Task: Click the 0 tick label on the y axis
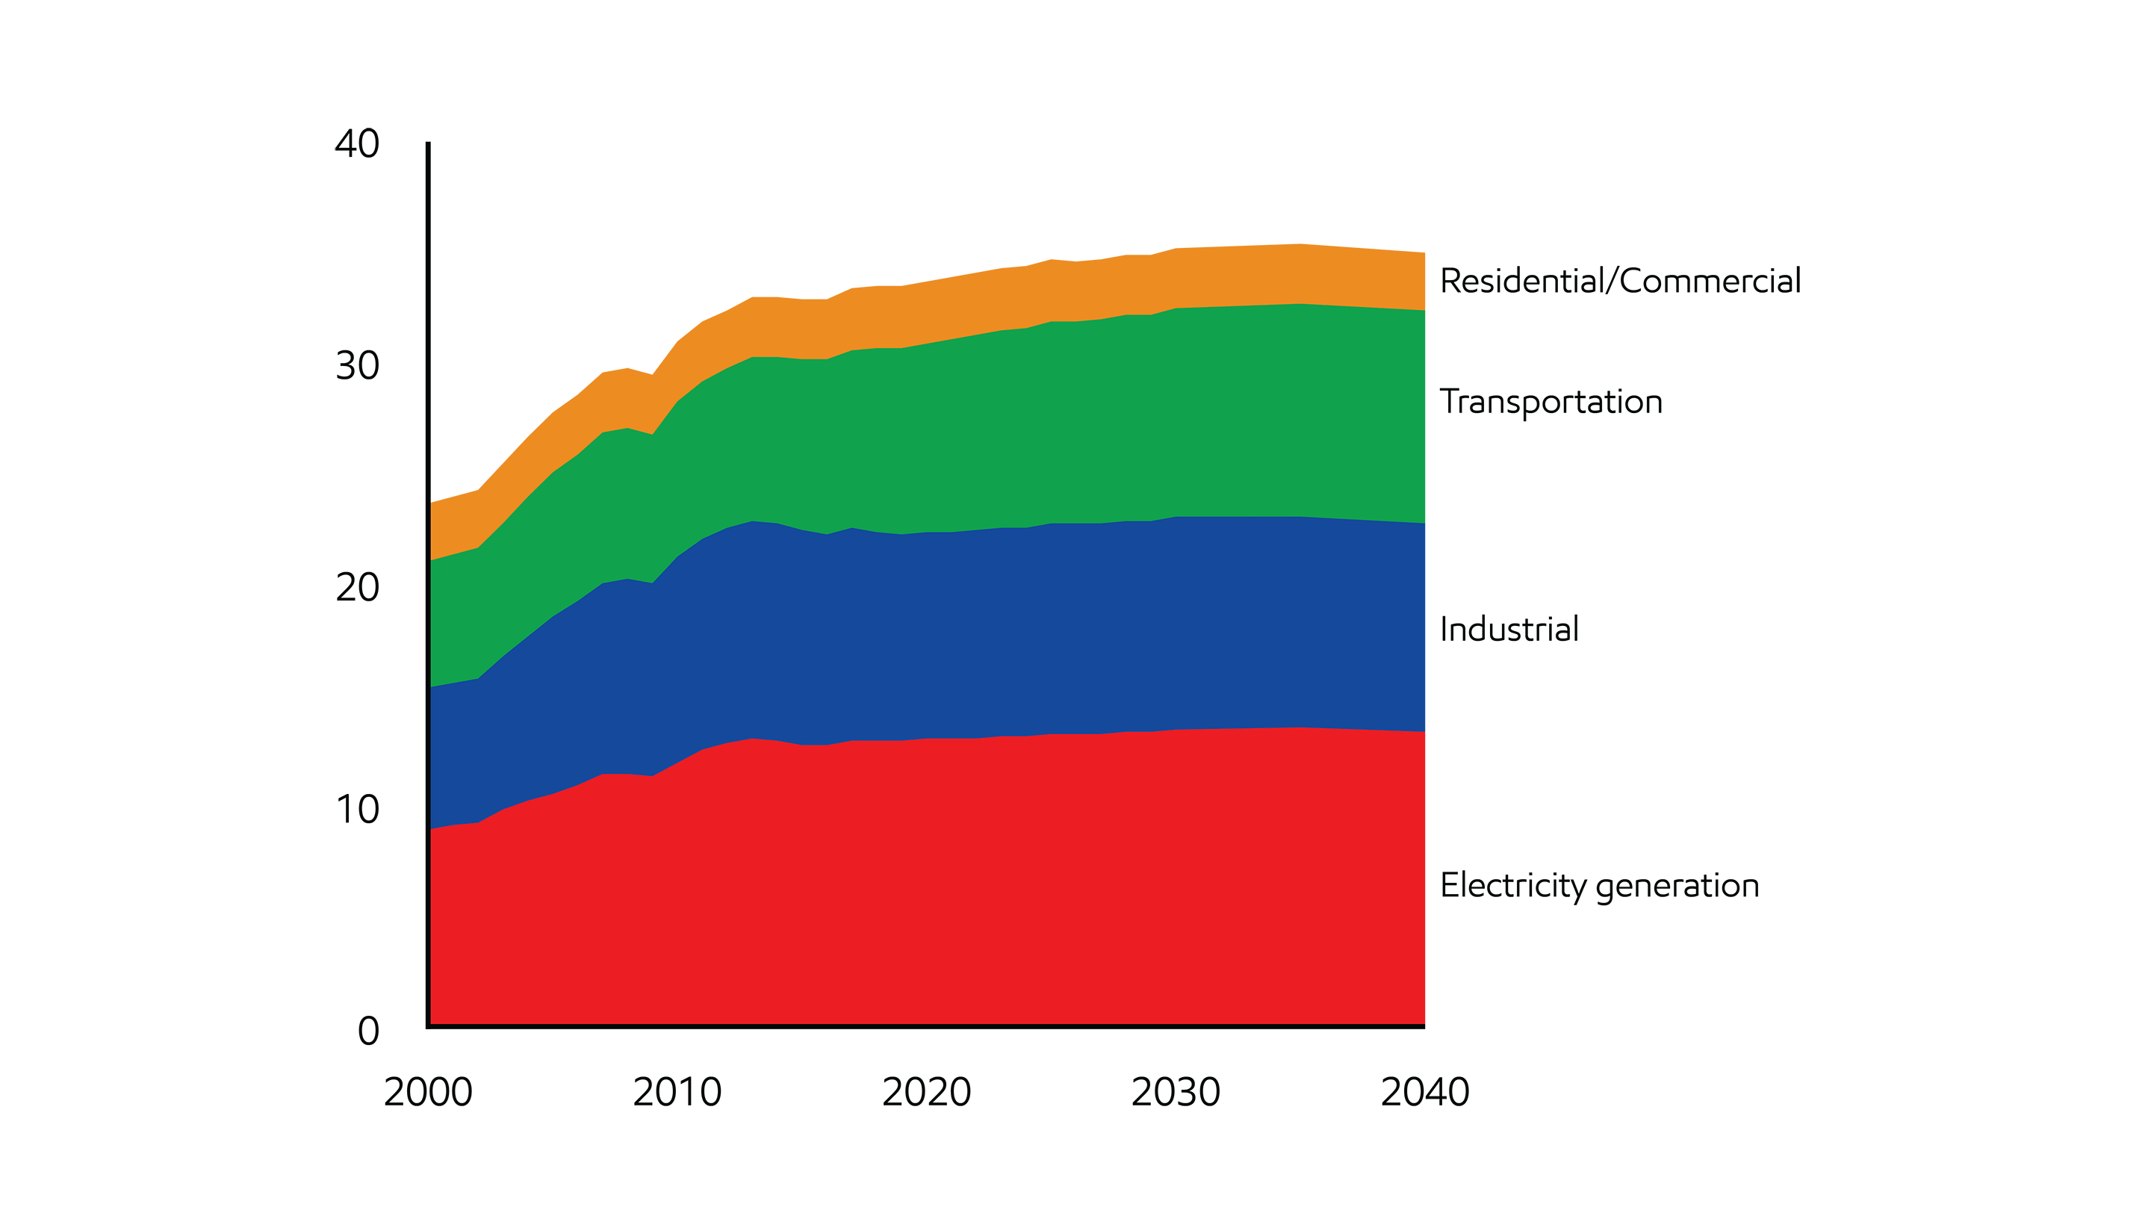pos(368,1031)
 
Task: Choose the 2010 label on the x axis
pos(677,1092)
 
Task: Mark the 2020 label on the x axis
pos(926,1092)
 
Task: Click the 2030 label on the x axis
pos(1175,1092)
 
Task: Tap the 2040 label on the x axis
pos(1424,1092)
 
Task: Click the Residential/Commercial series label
pos(1620,282)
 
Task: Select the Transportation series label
pos(1551,403)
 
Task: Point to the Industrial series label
pos(1509,630)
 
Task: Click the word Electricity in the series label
pos(1512,886)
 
